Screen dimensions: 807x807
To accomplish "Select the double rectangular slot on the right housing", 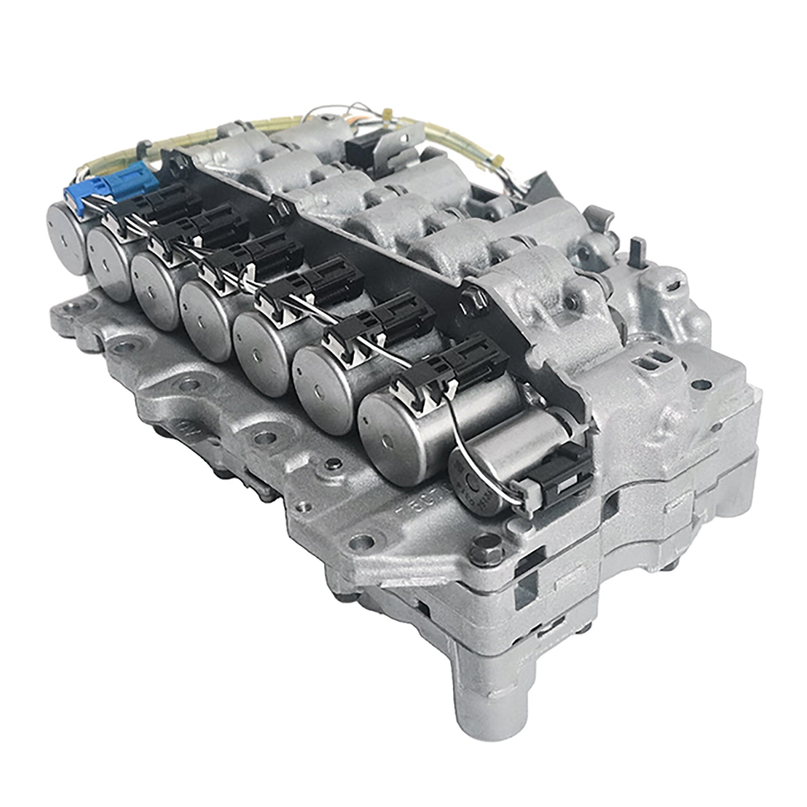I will click(651, 363).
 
